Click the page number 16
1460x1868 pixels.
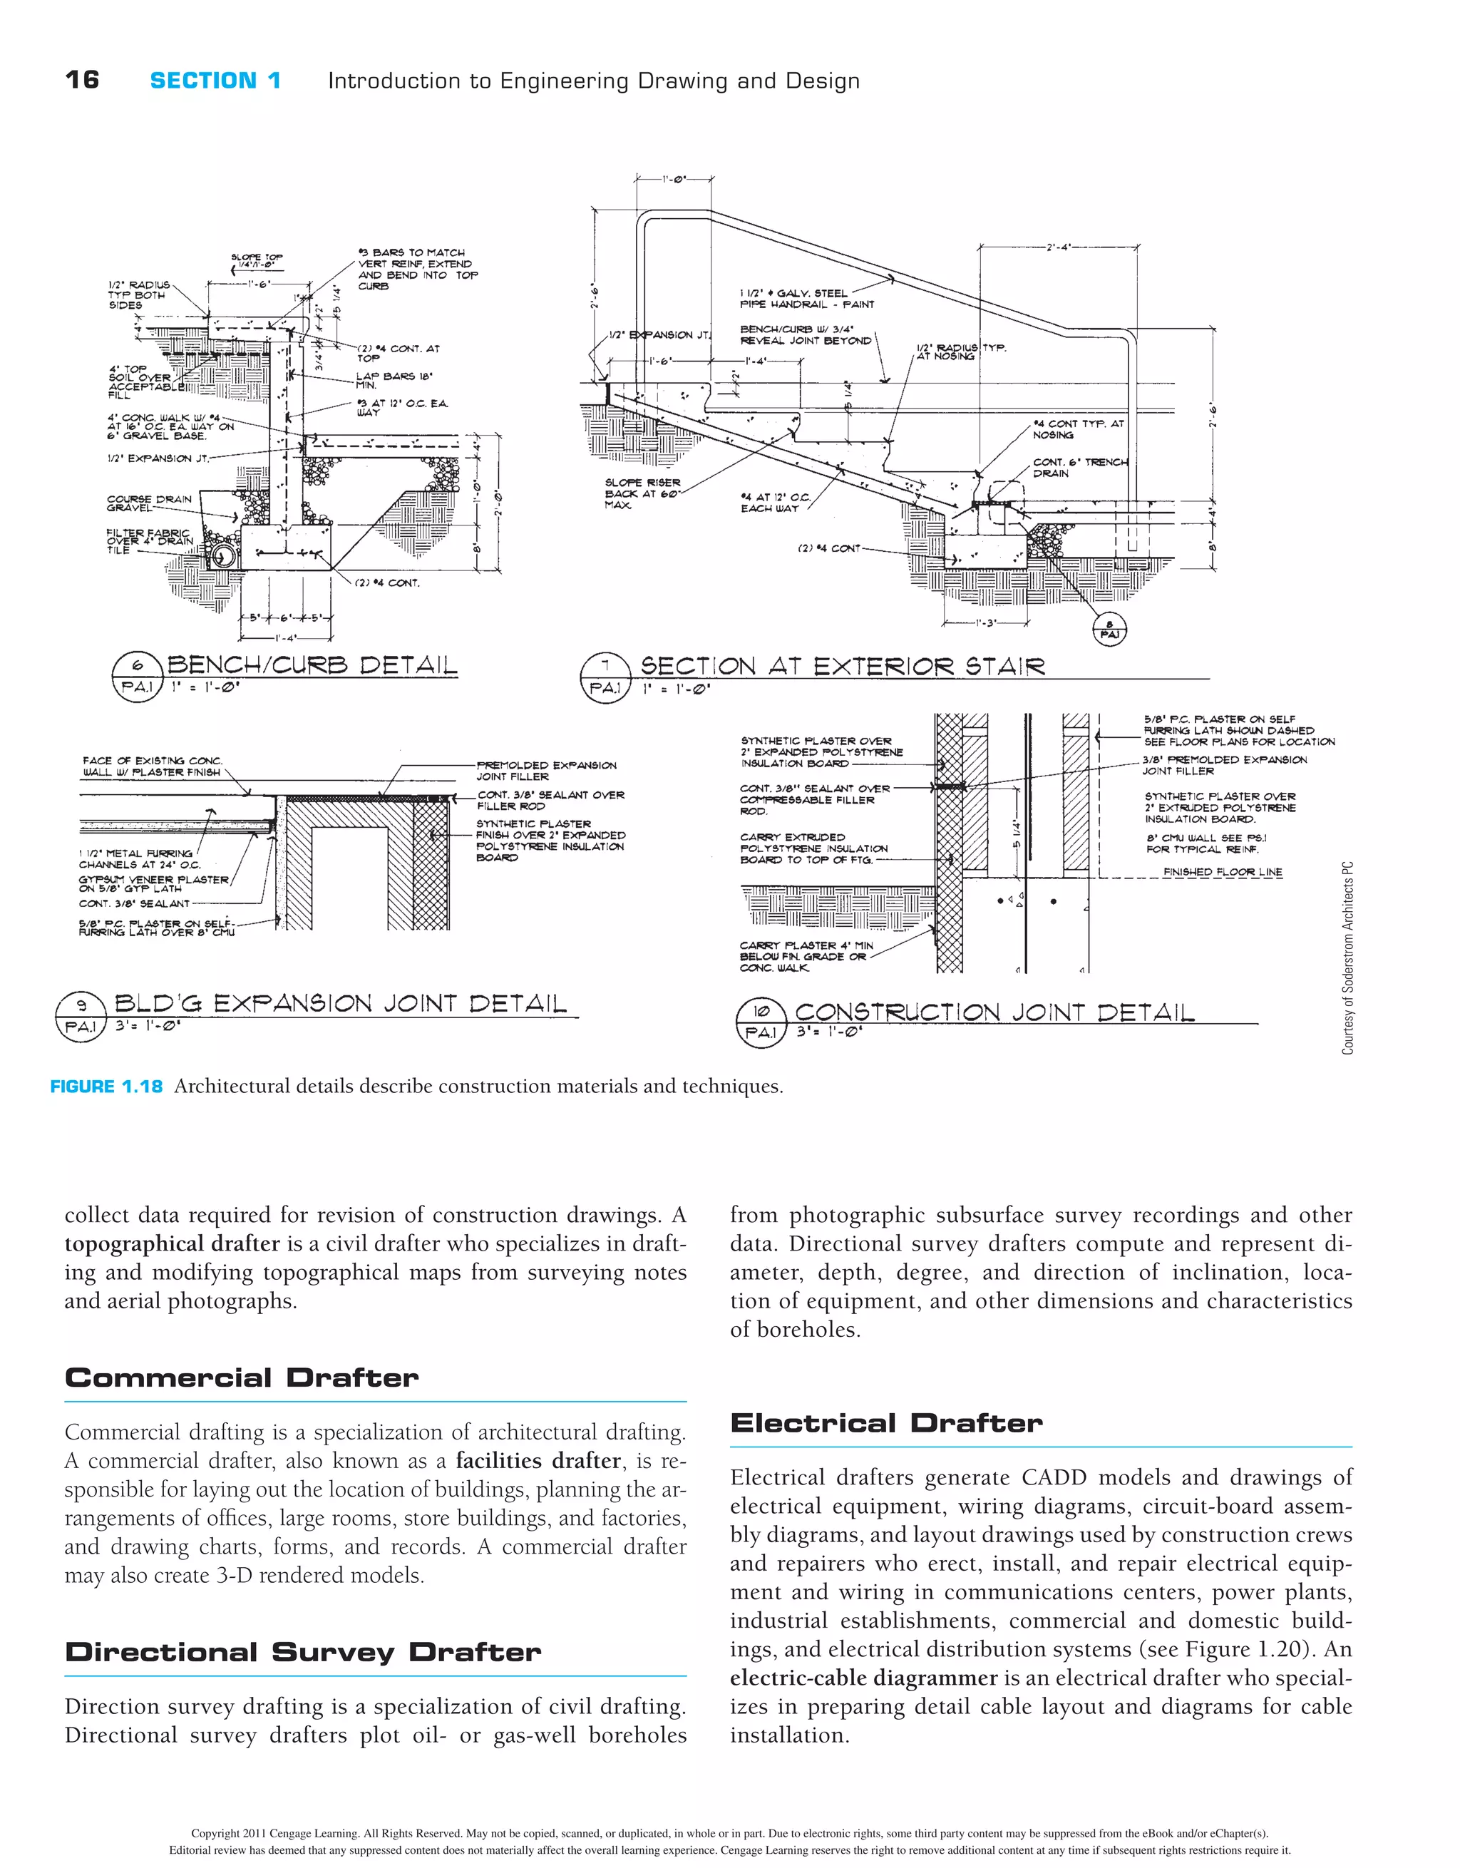82,81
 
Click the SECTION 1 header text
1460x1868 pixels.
215,81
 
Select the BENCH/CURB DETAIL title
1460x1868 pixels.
312,665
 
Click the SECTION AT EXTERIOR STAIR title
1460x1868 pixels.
843,667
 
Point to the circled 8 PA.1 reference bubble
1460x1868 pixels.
1109,630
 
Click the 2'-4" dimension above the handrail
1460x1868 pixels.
1058,247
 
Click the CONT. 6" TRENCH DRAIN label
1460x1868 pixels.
1079,467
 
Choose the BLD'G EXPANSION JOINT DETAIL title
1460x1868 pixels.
341,1003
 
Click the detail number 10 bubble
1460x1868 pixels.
761,1011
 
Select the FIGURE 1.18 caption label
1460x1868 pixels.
106,1087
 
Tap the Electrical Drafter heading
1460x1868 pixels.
886,1423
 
